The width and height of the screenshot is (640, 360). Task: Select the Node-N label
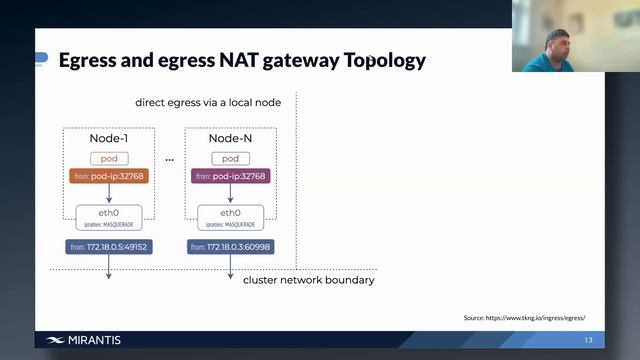tap(229, 138)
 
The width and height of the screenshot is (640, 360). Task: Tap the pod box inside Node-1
tap(109, 158)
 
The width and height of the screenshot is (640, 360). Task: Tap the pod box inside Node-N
tap(229, 158)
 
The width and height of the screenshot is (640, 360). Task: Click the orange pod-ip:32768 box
tap(109, 177)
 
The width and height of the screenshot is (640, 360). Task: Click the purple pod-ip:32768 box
tap(229, 177)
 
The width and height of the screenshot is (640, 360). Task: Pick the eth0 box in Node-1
tap(109, 215)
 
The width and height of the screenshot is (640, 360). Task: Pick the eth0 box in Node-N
tap(229, 215)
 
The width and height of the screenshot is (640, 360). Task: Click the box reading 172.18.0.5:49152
tap(109, 246)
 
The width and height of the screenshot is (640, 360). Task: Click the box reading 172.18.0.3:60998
tap(229, 246)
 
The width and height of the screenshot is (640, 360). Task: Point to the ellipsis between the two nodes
tap(169, 159)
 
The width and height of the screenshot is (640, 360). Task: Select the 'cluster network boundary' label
tap(308, 280)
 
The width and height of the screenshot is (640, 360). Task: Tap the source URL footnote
tap(524, 318)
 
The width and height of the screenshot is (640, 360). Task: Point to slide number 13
tap(588, 340)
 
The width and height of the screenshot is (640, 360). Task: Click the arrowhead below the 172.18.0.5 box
tap(109, 282)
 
